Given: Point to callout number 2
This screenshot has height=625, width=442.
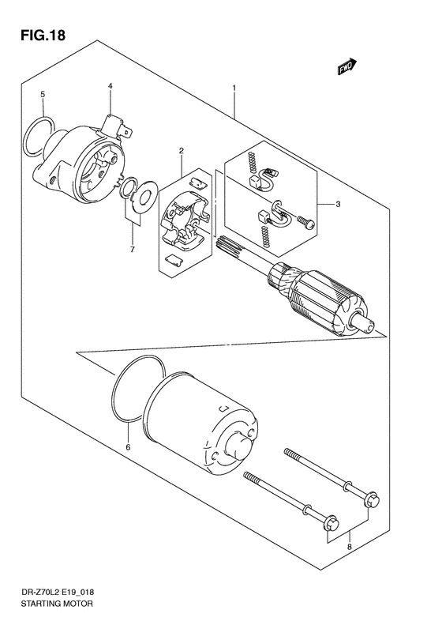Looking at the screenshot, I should click(181, 150).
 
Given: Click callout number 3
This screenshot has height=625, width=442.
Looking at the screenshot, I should click(338, 205).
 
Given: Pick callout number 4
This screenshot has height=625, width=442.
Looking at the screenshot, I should click(110, 86).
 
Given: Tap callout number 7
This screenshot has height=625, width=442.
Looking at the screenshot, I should click(133, 250).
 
